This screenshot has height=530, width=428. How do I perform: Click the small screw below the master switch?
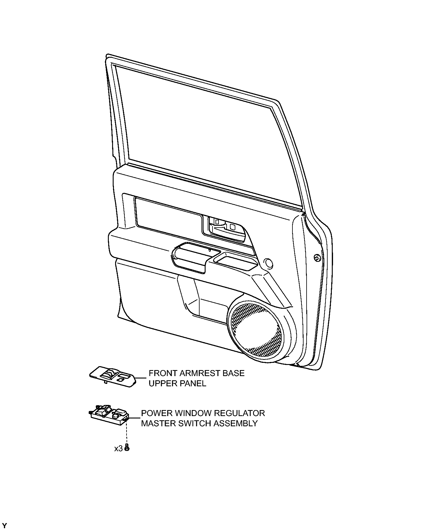click(127, 448)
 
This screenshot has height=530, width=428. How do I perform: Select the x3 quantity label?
click(118, 449)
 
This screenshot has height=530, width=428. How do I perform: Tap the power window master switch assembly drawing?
click(109, 414)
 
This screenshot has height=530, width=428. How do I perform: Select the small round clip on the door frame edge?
click(316, 258)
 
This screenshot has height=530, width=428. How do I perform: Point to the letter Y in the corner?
click(5, 526)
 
